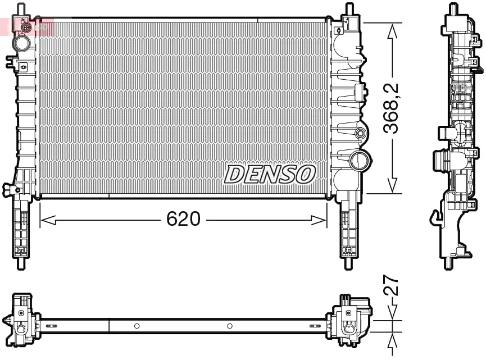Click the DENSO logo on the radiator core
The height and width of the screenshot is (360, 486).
pyautogui.click(x=270, y=174)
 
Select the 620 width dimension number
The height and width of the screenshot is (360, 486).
pyautogui.click(x=183, y=220)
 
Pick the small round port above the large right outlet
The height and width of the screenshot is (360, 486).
pyautogui.click(x=360, y=134)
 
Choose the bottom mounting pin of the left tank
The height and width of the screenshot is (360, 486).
pyautogui.click(x=22, y=262)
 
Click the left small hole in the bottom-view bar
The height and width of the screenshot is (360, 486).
pyautogui.click(x=136, y=326)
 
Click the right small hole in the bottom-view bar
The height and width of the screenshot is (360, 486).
pyautogui.click(x=229, y=326)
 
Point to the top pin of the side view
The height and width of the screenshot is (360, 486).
pyautogui.click(x=452, y=10)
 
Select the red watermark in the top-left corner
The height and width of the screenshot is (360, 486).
pyautogui.click(x=25, y=26)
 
